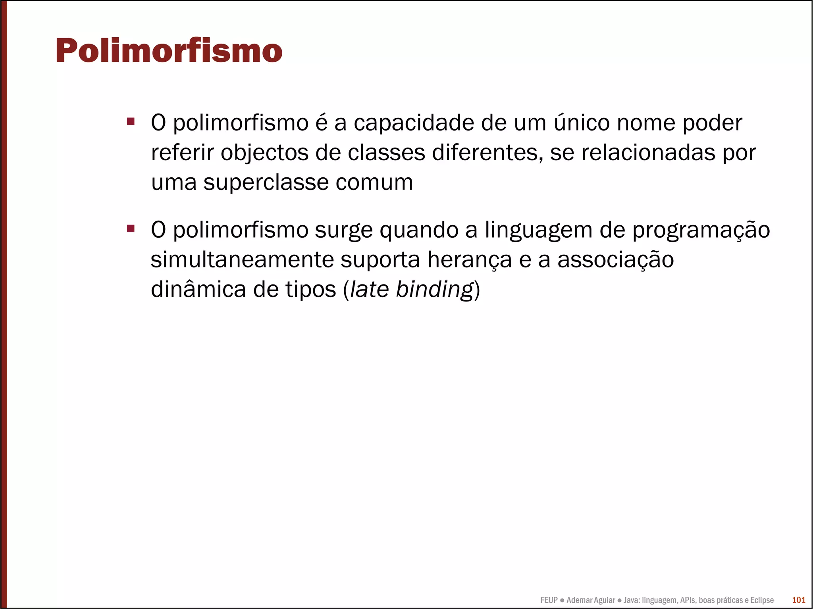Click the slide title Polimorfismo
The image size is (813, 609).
click(169, 51)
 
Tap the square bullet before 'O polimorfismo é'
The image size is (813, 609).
click(131, 121)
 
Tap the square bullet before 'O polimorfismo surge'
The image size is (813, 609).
click(131, 228)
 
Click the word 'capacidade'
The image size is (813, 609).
click(414, 123)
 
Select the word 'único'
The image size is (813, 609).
click(582, 123)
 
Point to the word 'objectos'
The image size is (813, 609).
click(264, 153)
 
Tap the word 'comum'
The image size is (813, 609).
click(374, 183)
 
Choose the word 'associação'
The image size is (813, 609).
click(615, 260)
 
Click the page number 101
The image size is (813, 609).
click(798, 600)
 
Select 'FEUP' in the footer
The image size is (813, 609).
click(549, 600)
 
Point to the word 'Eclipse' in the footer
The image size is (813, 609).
click(762, 600)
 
